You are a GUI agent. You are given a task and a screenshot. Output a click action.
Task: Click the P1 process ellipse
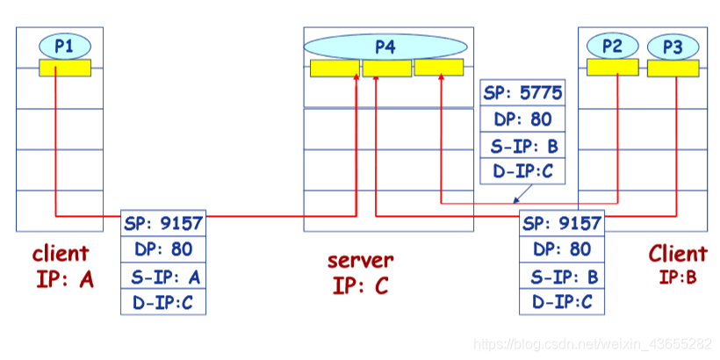(65, 46)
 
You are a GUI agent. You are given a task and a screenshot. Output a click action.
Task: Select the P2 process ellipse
(613, 46)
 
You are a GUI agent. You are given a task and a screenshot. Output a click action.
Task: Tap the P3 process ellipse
(673, 47)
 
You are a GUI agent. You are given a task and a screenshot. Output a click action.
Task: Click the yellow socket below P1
(65, 68)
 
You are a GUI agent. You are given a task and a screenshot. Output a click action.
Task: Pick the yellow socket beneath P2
(612, 68)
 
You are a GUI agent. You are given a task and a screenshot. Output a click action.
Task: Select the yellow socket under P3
(673, 68)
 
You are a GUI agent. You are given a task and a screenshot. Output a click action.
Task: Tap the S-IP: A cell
(163, 276)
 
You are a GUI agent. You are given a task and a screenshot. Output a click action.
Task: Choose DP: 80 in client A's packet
(163, 249)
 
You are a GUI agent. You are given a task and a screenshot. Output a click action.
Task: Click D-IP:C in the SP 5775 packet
(522, 172)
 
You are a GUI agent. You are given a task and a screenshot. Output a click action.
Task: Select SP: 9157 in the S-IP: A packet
(163, 223)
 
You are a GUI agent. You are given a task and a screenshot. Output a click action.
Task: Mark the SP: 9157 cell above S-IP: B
(562, 223)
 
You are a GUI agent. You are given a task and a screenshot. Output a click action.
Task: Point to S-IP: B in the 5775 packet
(522, 146)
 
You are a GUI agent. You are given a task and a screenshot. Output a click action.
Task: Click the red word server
(361, 260)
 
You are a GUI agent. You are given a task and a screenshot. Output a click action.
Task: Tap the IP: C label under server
(361, 285)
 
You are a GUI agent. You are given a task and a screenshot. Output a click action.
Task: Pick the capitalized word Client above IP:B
(677, 255)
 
